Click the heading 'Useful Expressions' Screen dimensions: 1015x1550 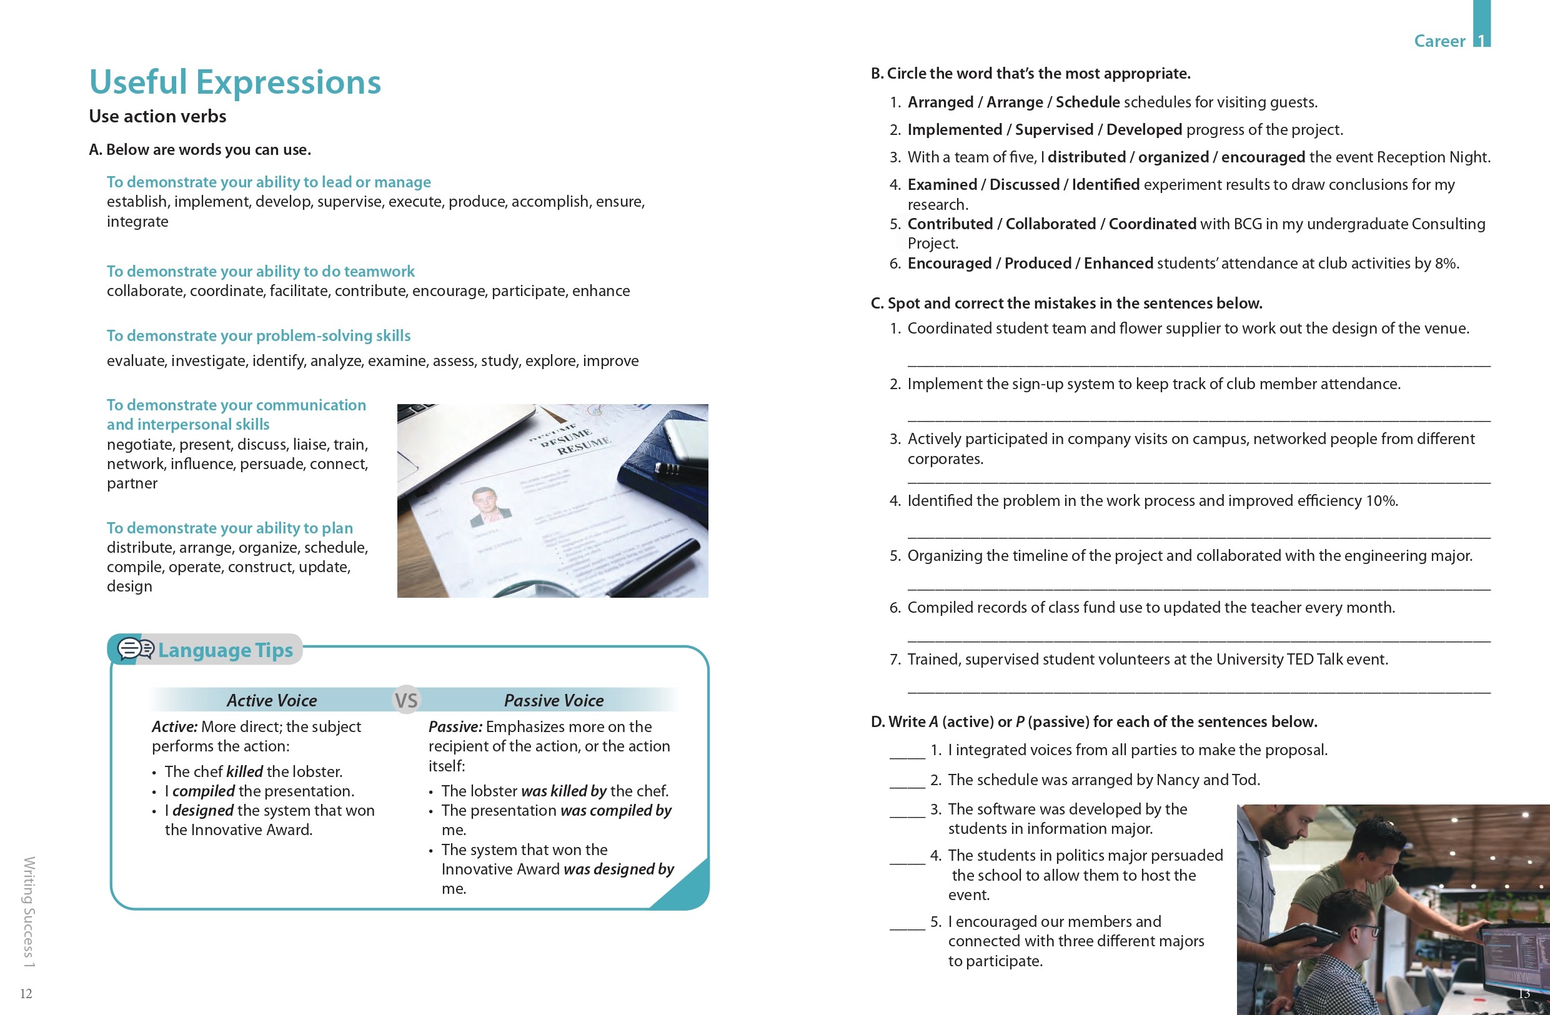234,82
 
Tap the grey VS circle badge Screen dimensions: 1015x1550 406,700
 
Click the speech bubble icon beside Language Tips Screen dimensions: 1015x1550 136,648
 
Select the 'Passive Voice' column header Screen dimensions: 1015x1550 554,701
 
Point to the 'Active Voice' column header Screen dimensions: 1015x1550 272,701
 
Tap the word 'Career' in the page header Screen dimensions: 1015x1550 1439,41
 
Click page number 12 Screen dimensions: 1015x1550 26,994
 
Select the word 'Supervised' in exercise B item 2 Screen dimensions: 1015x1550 1054,129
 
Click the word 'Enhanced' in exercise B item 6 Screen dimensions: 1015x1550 1118,264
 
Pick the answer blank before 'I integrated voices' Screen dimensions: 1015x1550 907,751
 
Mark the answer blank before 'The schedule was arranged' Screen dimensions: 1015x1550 907,781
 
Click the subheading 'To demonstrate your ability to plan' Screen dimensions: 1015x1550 229,528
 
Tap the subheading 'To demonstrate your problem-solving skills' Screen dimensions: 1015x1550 259,336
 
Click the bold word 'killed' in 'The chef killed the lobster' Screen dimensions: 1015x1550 244,771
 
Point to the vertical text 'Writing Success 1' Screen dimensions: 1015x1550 29,911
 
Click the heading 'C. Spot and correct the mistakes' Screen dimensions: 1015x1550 1066,304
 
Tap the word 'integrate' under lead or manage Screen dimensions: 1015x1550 137,222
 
